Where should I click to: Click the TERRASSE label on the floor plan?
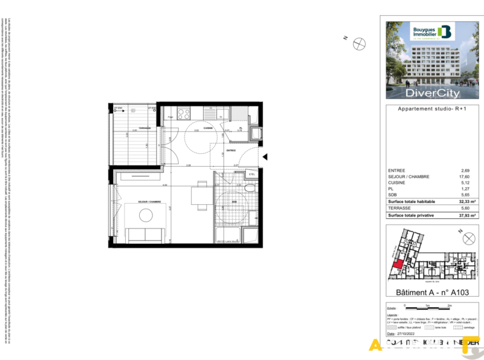(x=145, y=128)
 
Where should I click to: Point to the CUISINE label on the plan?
(x=208, y=128)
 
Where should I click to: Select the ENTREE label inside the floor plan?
(x=231, y=151)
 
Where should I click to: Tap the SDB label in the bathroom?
(x=234, y=202)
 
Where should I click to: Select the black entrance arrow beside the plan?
(x=266, y=156)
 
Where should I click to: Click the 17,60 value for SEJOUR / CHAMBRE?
(x=465, y=177)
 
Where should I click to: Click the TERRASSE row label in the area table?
(x=399, y=208)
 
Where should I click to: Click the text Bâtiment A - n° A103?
(x=432, y=292)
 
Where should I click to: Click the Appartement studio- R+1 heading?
(x=432, y=109)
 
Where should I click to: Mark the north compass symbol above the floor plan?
(x=360, y=43)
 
